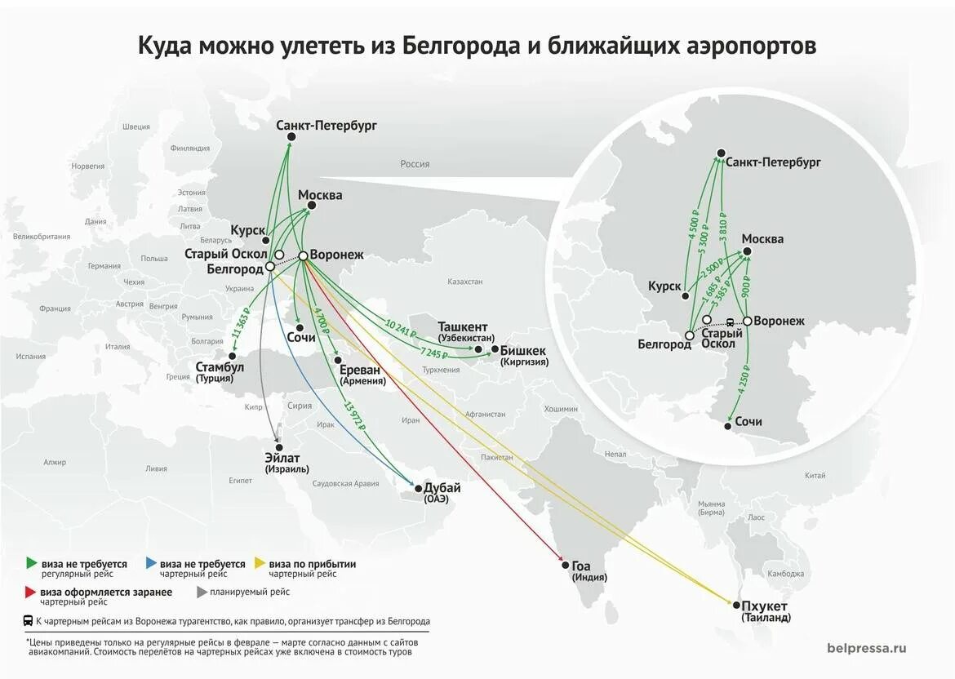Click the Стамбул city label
(x=220, y=367)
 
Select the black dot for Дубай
(x=419, y=489)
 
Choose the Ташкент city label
(x=463, y=326)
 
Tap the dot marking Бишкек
(x=495, y=349)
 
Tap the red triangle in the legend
(x=31, y=592)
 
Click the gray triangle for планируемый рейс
(x=202, y=592)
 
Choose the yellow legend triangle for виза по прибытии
(x=260, y=563)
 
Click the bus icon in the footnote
(x=28, y=621)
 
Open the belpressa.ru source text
(x=866, y=648)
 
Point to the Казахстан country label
(x=464, y=282)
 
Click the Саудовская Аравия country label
(x=346, y=484)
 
